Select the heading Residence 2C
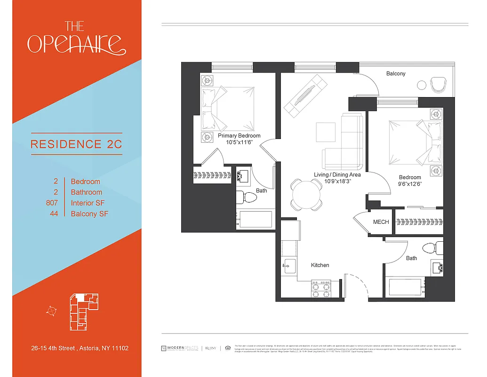pyautogui.click(x=76, y=144)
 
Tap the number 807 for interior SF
pyautogui.click(x=52, y=203)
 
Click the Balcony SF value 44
pyautogui.click(x=54, y=214)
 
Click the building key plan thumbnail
pyautogui.click(x=83, y=309)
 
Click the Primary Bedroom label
pyautogui.click(x=239, y=136)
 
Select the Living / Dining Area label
pyautogui.click(x=337, y=175)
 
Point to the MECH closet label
pyautogui.click(x=381, y=221)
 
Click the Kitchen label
pyautogui.click(x=320, y=265)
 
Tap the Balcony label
pyautogui.click(x=396, y=74)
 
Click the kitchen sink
pyautogui.click(x=289, y=266)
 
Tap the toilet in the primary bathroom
pyautogui.click(x=247, y=197)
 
